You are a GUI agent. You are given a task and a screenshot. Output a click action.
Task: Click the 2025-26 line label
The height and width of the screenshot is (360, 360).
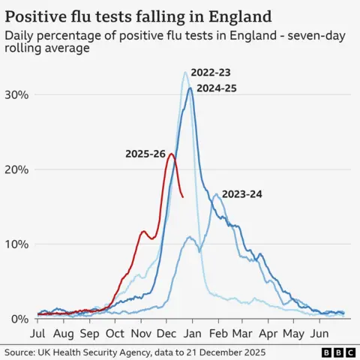[x=145, y=154]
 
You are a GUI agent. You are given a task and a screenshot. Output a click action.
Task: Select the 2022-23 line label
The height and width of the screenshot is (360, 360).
[x=211, y=73]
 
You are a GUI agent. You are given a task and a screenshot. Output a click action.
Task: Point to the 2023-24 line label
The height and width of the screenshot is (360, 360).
[x=241, y=194]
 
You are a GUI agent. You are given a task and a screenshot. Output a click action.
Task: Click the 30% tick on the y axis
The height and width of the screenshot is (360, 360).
[x=17, y=94]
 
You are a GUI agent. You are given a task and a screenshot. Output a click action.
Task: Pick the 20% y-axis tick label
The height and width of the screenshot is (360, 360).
[x=17, y=169]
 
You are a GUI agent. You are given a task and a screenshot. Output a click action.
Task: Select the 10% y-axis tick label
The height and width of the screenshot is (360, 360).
[x=17, y=244]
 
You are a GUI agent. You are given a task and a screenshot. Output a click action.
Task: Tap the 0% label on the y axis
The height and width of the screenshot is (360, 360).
[x=20, y=319]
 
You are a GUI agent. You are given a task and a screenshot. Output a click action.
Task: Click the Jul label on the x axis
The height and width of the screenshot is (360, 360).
[x=37, y=332]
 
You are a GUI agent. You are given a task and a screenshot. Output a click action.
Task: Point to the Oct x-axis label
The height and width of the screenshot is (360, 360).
[x=115, y=332]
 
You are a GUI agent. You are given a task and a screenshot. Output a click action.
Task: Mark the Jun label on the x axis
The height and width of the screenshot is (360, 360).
[x=321, y=332]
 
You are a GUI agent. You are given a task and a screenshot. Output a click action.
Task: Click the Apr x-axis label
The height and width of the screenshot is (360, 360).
[x=268, y=332]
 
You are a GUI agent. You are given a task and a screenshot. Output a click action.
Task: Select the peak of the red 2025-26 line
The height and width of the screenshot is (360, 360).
[x=171, y=154]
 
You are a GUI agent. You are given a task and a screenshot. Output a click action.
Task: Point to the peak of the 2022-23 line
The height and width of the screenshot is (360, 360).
[x=185, y=72]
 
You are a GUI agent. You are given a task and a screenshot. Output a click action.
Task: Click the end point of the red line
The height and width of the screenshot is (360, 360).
[x=183, y=197]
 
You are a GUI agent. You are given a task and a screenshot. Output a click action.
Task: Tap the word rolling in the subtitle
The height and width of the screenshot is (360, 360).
[x=28, y=49]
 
